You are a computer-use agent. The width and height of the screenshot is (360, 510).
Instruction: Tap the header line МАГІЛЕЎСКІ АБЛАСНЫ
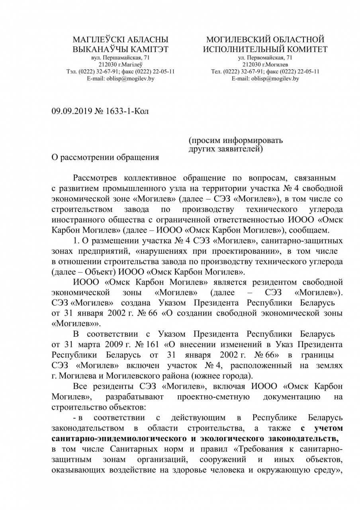[120, 39]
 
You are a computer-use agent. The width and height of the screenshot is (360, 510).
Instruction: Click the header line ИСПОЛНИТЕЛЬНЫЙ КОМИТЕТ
[265, 49]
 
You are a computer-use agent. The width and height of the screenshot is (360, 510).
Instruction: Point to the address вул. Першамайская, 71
[120, 58]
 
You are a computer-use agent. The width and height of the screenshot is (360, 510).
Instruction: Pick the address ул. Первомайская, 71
[265, 58]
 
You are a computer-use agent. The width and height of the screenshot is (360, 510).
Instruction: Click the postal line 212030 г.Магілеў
[120, 65]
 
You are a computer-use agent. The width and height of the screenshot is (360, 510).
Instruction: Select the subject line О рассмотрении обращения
[106, 157]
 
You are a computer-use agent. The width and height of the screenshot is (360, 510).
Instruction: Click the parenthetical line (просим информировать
[235, 140]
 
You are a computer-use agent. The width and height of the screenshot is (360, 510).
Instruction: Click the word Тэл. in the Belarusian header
[72, 72]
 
